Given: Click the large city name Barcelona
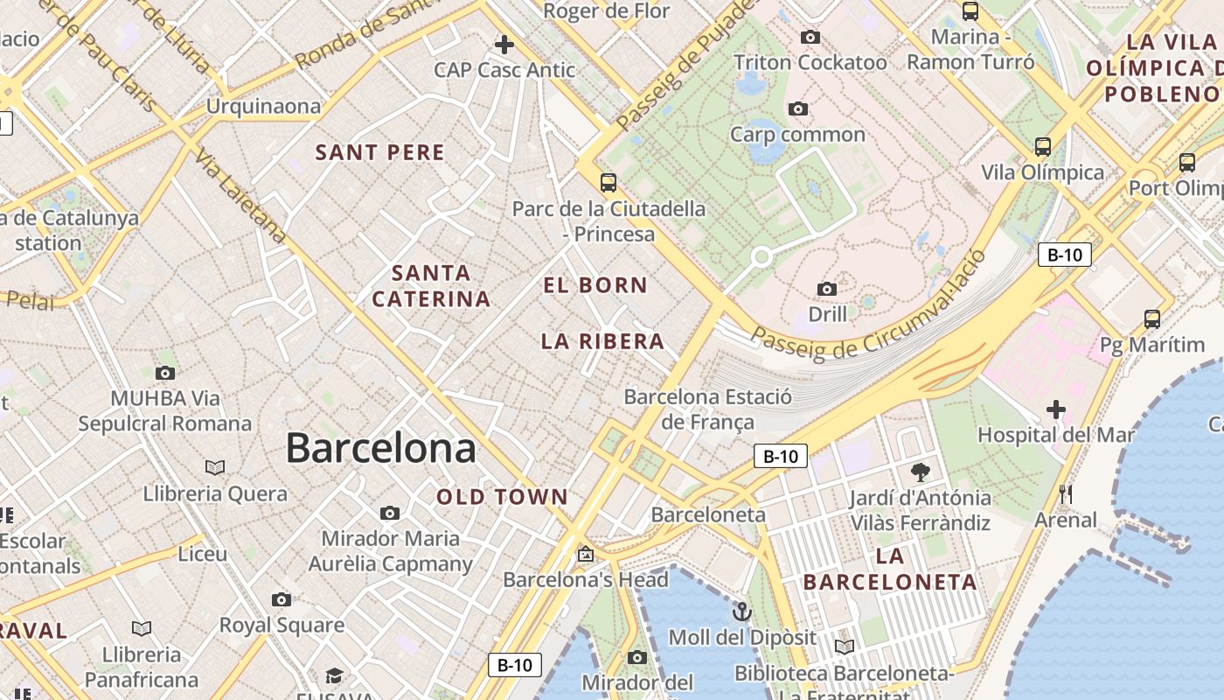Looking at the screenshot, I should click(380, 448).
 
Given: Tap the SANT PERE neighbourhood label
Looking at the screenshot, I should click(379, 152).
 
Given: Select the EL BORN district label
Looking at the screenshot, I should click(595, 285).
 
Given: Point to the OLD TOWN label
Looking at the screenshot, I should click(503, 497).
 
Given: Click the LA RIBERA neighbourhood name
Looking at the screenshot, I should click(602, 341).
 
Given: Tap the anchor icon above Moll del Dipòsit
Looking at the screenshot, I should click(742, 611).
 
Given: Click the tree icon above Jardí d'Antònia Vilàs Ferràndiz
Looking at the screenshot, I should click(920, 472).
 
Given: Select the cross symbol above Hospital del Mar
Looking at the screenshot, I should click(1056, 409).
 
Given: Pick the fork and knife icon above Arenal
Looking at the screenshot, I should click(1065, 494).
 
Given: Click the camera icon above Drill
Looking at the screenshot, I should click(826, 289).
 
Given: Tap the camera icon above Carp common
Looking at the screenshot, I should click(797, 109).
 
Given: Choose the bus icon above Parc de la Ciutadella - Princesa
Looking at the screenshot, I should click(608, 183).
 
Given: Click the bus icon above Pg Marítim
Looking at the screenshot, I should click(1152, 319).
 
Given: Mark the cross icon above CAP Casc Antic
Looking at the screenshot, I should click(504, 44).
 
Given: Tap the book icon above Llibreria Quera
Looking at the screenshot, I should click(215, 468).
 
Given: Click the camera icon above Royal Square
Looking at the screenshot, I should click(281, 599).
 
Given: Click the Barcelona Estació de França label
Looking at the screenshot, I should click(707, 409).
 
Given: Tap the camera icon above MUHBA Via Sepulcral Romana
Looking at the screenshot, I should click(164, 374).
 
